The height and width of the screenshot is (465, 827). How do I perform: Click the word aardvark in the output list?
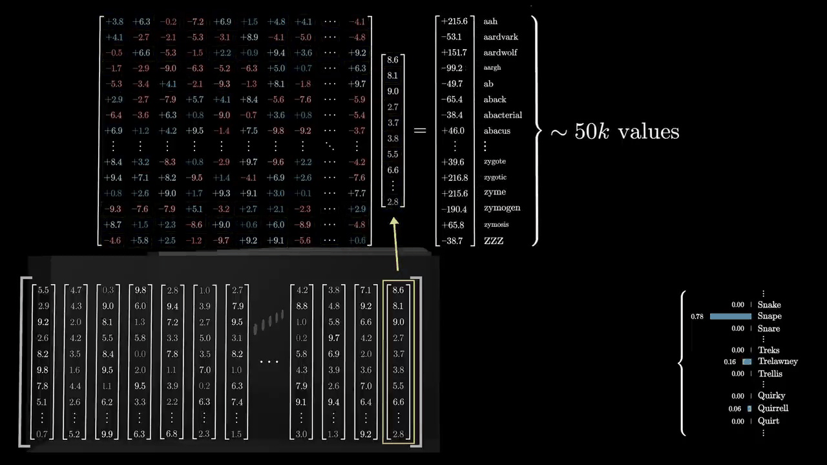point(500,37)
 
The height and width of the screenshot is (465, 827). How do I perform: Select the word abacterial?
point(503,115)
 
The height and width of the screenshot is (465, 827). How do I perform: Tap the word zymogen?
point(501,208)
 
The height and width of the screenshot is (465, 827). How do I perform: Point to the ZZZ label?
point(494,241)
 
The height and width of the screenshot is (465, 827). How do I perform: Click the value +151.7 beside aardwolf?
point(454,52)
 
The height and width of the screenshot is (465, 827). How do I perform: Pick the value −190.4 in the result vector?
point(454,208)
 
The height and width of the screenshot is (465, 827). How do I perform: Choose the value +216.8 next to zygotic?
point(454,178)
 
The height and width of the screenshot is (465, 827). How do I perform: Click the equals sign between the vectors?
point(420,130)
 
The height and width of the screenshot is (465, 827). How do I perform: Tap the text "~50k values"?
point(614,132)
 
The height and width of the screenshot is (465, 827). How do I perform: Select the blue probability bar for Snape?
point(731,316)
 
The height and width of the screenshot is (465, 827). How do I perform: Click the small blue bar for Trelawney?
point(747,362)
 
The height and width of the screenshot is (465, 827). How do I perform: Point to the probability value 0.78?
point(696,316)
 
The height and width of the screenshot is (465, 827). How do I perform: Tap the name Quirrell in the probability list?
point(773,408)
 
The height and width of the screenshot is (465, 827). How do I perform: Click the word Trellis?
point(770,373)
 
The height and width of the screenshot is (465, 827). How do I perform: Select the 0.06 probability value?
point(735,409)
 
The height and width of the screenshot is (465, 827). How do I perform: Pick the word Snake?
point(769,305)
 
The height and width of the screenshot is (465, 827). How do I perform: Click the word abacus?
point(497,130)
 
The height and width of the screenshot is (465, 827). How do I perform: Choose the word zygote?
point(494,161)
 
